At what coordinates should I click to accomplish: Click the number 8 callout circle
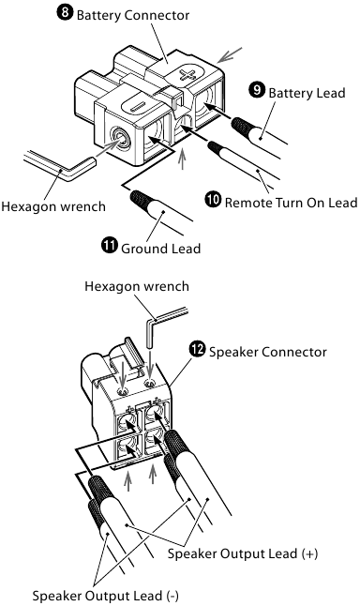click(65, 13)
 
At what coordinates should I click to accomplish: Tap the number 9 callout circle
click(257, 90)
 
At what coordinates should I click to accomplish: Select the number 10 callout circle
click(213, 200)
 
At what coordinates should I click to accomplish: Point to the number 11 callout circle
click(110, 246)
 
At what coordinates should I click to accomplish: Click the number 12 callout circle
click(197, 349)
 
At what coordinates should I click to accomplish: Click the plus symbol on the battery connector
click(187, 74)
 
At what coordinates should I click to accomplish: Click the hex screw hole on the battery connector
click(120, 138)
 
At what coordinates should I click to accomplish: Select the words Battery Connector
click(133, 15)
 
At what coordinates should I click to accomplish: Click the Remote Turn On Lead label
click(291, 202)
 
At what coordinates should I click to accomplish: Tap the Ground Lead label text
click(160, 248)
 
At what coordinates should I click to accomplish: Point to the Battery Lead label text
click(307, 93)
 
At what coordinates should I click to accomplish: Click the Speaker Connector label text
click(268, 352)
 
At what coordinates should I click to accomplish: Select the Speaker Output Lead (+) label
click(243, 553)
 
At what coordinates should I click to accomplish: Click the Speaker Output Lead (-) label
click(105, 595)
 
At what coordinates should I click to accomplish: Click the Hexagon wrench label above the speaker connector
click(137, 286)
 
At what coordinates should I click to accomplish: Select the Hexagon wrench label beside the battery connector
click(53, 206)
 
